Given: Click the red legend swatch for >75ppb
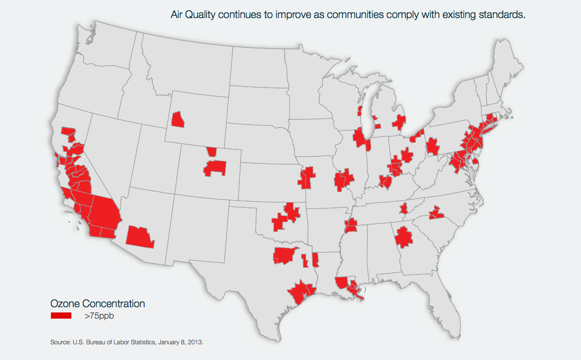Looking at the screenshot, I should (61, 315).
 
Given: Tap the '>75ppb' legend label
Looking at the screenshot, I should (100, 316).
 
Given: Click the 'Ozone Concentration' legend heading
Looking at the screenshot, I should (98, 303).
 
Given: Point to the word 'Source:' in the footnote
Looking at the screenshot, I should (60, 342).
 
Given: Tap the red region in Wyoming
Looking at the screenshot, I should (178, 119).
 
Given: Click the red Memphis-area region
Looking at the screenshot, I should (351, 226).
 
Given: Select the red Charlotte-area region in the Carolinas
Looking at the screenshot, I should (436, 214).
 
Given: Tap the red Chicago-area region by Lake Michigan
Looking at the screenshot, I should (361, 139).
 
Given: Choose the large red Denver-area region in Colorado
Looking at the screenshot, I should (215, 167).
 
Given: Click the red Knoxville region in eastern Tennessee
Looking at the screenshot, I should (404, 209).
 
